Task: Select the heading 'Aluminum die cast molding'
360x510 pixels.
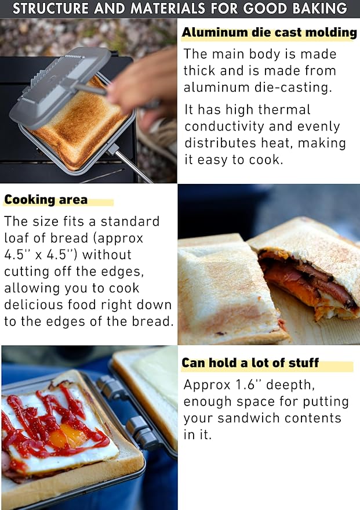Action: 269,32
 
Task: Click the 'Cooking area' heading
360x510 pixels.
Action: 46,200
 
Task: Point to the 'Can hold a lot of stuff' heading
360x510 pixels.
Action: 250,363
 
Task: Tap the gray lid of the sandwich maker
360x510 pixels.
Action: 58,87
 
